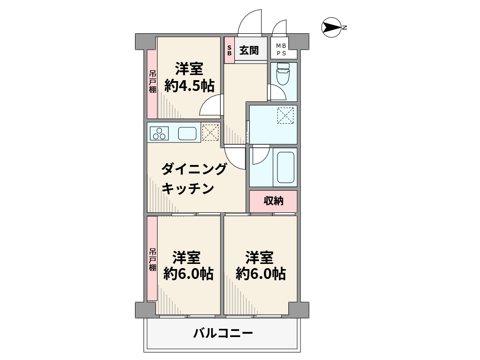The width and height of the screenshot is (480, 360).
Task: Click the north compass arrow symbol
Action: point(332,28)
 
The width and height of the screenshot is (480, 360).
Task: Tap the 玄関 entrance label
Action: point(249,50)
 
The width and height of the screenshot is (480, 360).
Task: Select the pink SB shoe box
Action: point(229,50)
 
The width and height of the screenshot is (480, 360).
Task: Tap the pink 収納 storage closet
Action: point(273,201)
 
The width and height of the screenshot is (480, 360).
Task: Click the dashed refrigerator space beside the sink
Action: point(210,132)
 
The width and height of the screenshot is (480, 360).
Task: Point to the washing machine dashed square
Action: point(285,116)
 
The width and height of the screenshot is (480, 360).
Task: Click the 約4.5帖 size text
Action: point(189,86)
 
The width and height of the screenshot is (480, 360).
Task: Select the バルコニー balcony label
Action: point(223,334)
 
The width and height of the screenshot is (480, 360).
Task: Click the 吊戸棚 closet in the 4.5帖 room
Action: point(152,82)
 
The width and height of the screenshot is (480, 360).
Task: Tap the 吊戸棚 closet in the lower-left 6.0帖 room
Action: point(152,259)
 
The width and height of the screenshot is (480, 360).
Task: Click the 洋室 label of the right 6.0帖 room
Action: point(260,257)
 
